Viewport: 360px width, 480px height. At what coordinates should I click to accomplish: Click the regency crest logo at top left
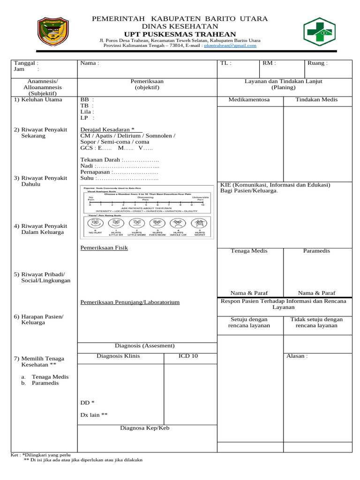tap(52, 32)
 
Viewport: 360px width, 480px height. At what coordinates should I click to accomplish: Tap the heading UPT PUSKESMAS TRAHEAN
tap(180, 34)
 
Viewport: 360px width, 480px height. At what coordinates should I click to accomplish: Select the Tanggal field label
tap(26, 63)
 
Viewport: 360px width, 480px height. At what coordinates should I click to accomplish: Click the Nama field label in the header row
tap(90, 63)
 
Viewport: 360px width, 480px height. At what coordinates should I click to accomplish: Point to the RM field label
tap(269, 63)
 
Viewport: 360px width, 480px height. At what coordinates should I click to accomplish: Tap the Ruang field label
tap(317, 63)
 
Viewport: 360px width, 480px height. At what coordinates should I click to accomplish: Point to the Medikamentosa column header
tap(249, 99)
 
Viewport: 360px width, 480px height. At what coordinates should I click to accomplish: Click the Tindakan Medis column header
tap(316, 99)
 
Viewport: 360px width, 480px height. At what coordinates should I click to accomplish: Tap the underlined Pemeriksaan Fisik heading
tap(104, 247)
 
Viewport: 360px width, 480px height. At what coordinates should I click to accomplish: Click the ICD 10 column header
tap(188, 356)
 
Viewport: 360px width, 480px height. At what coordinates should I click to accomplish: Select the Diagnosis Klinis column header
tap(118, 356)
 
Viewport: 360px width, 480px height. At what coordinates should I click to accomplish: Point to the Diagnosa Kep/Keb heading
tap(144, 428)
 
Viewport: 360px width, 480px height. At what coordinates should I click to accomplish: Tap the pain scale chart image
tap(147, 212)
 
